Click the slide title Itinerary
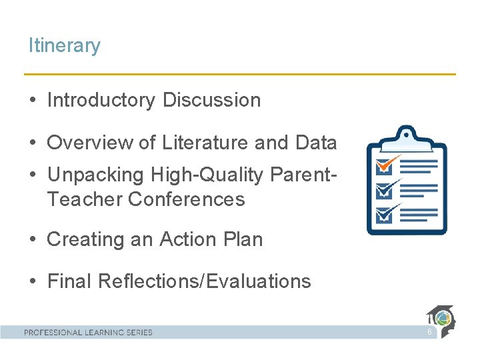[x=64, y=46]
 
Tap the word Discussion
[x=211, y=101]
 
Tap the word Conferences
[x=187, y=199]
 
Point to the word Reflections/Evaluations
[x=204, y=281]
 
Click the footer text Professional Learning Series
[x=88, y=332]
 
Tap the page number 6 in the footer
[x=429, y=332]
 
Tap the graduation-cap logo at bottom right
[x=441, y=320]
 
